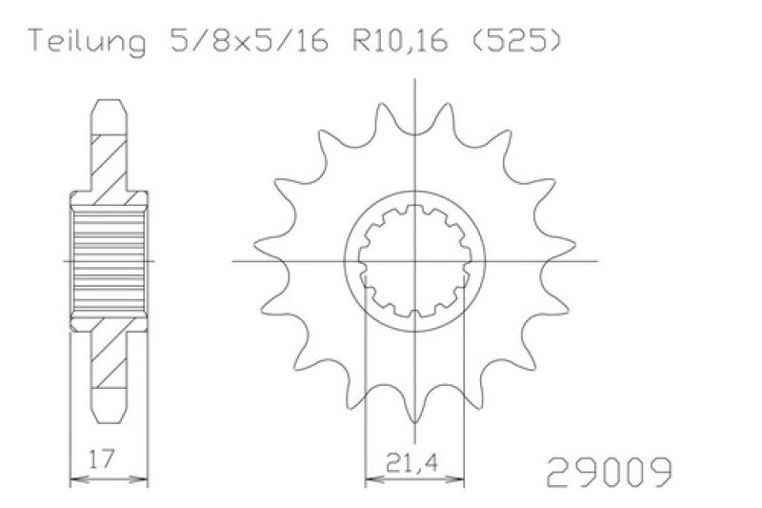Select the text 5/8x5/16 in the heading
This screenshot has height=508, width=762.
tap(250, 41)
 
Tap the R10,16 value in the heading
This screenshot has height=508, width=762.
tap(400, 41)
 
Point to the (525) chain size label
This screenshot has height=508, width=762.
tap(516, 41)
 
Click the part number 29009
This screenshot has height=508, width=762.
tap(610, 472)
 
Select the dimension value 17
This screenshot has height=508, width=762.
tap(102, 458)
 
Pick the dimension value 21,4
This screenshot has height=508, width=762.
tap(412, 462)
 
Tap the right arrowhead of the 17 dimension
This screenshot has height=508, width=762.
tap(138, 479)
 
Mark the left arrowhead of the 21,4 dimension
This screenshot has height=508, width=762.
tap(374, 479)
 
